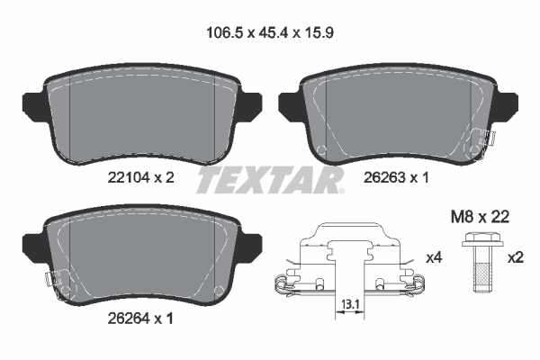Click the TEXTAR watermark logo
270,181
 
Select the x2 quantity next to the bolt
516,258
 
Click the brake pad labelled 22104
139,117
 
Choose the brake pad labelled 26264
139,256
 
